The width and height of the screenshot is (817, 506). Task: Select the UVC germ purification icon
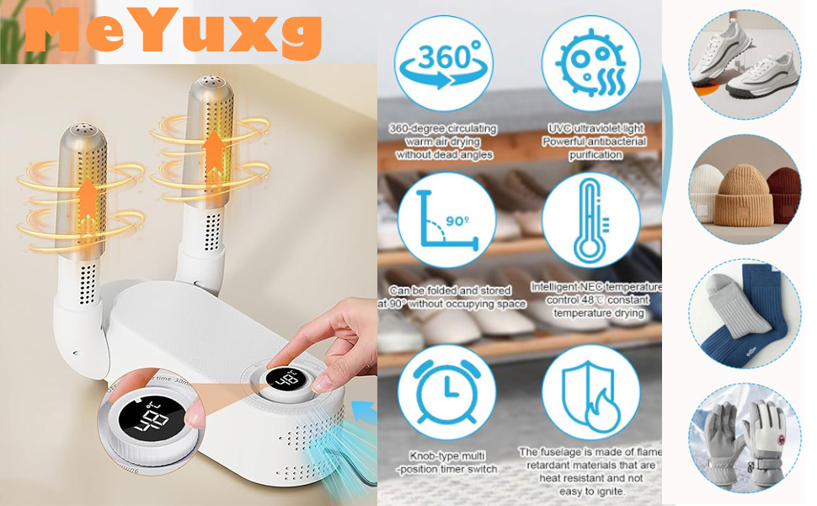(591, 63)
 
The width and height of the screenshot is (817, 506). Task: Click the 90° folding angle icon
(447, 221)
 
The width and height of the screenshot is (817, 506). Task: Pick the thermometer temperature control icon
(591, 221)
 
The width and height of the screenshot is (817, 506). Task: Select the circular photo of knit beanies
(745, 189)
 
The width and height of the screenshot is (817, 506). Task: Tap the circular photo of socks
(745, 315)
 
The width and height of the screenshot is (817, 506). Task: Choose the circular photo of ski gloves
(745, 439)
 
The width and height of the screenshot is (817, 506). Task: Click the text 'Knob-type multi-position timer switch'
(447, 463)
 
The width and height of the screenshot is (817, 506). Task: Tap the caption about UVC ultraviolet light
(595, 142)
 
